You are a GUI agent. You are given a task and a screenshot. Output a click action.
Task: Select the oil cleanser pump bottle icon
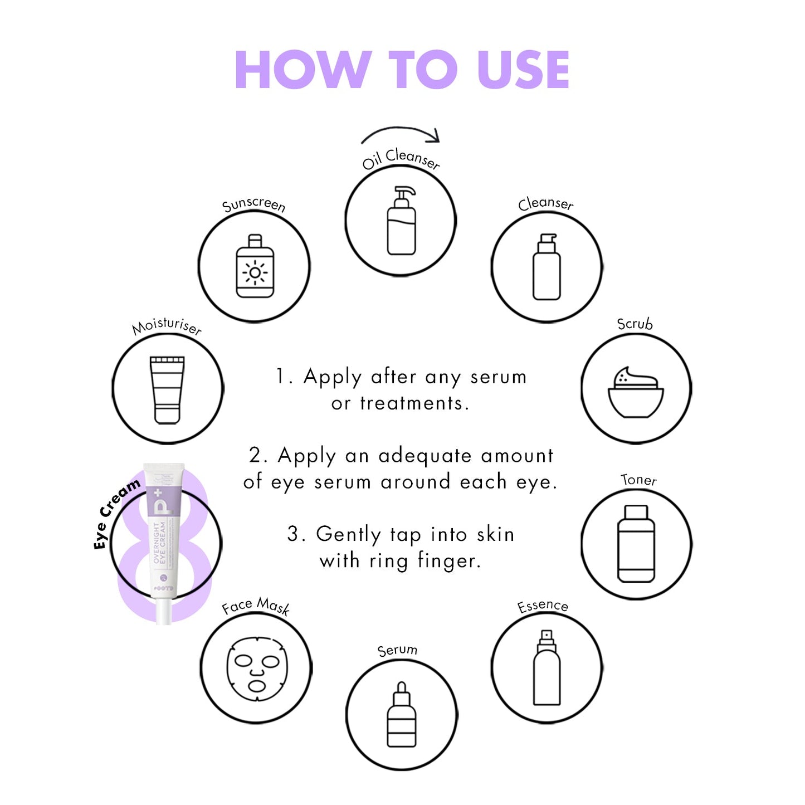coord(401,221)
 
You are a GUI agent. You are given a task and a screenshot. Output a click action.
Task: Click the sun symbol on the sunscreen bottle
coord(255,272)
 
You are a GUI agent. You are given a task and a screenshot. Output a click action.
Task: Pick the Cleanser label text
coord(545,203)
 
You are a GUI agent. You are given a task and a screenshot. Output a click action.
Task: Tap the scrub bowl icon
coord(636,392)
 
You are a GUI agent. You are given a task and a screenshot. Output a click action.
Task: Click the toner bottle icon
coord(636,544)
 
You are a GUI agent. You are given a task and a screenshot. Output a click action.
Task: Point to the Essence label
coord(543,606)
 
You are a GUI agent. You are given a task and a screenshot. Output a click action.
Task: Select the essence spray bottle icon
coord(547,668)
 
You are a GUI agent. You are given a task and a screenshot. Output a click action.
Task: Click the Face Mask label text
coord(256,606)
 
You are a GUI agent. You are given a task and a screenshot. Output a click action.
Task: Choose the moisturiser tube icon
coord(167,390)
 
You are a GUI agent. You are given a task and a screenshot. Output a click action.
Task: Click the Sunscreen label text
coord(253,204)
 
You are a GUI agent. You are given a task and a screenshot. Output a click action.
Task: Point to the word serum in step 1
coord(498,377)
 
